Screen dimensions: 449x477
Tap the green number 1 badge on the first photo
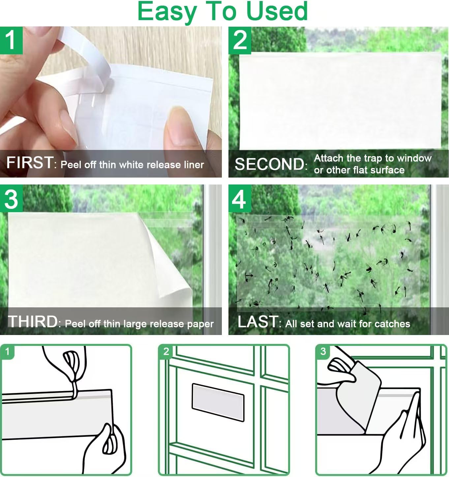[11, 40]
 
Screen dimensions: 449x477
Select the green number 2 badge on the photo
[240, 40]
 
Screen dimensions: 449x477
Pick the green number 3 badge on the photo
[11, 198]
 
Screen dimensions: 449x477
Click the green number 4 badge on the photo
[240, 198]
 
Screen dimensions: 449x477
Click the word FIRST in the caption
[30, 163]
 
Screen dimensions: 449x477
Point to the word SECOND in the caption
[269, 164]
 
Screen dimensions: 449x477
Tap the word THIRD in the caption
[33, 322]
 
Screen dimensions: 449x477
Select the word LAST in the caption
[258, 322]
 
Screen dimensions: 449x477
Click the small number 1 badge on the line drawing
[8, 351]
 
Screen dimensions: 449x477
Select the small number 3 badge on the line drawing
[323, 351]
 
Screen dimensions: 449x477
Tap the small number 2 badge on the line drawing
[166, 351]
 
